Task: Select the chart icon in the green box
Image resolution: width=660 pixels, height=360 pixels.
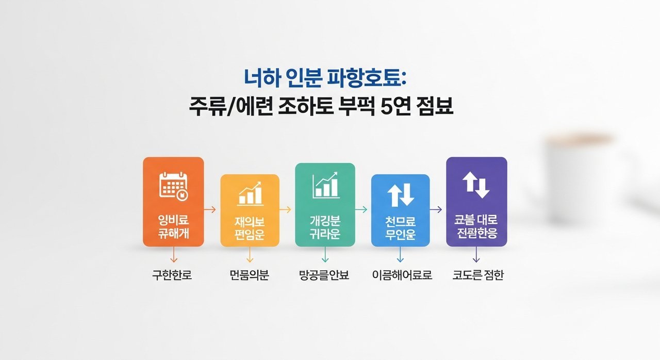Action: tap(325, 185)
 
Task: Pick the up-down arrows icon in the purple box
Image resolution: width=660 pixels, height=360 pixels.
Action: tap(476, 185)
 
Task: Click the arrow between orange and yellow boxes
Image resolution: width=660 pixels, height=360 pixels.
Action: tap(210, 209)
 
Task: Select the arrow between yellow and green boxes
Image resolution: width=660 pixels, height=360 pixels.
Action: tap(285, 209)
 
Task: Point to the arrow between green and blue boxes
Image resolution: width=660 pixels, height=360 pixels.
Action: tap(361, 209)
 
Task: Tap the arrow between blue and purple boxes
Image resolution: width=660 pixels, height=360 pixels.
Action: tap(436, 209)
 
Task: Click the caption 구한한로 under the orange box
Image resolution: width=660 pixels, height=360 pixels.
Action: tap(172, 275)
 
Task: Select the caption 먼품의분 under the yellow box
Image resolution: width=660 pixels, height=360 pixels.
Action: tap(250, 275)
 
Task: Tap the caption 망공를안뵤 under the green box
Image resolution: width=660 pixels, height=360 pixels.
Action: tap(324, 275)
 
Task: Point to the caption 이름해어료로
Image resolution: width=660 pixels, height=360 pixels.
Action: tap(402, 275)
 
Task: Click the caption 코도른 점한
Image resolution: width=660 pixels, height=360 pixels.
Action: tap(478, 275)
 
